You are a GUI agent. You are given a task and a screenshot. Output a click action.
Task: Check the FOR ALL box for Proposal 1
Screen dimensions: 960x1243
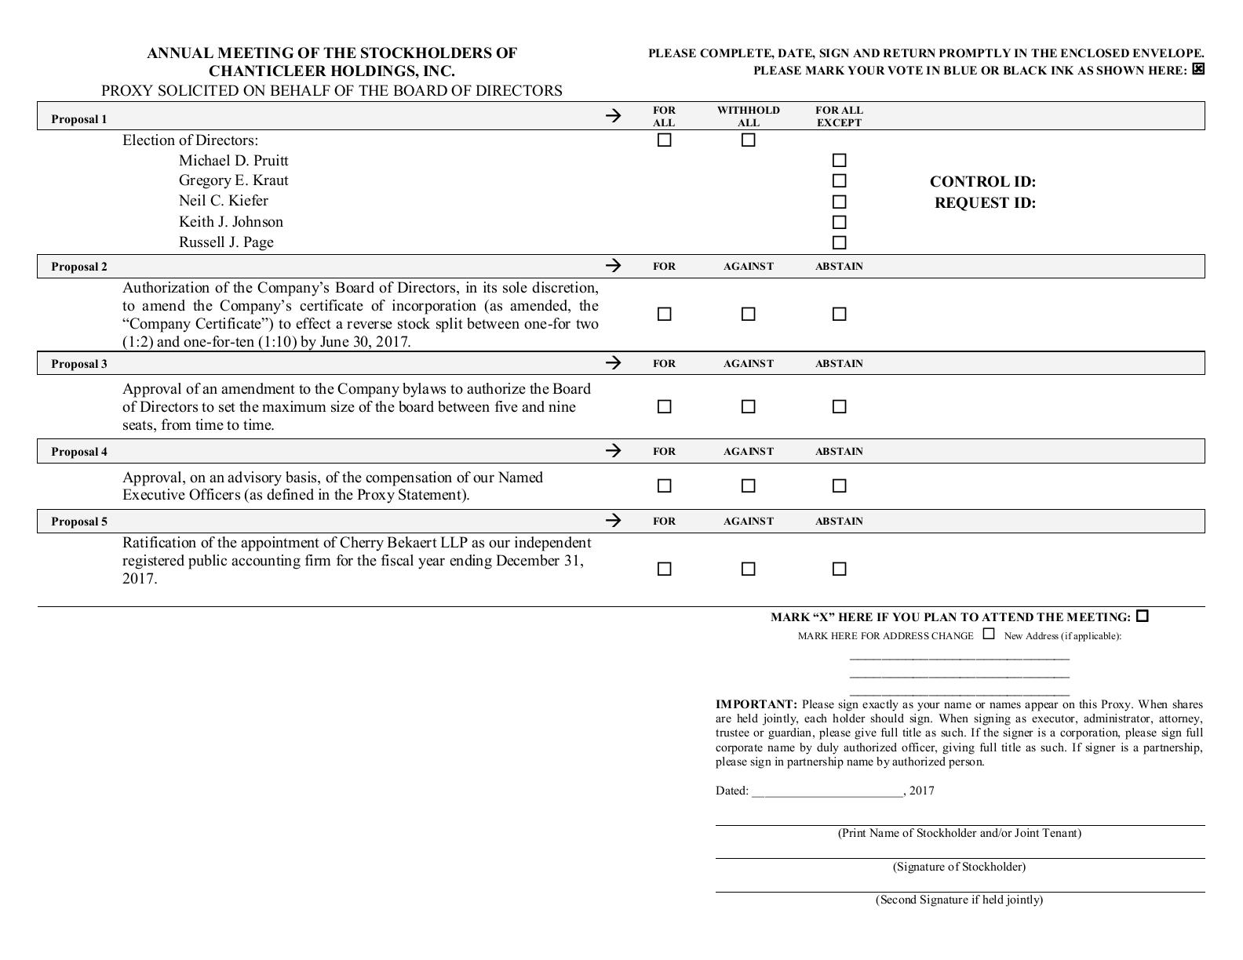pyautogui.click(x=664, y=140)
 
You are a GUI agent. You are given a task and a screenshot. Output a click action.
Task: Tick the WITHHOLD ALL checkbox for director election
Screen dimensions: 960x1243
pyautogui.click(x=748, y=140)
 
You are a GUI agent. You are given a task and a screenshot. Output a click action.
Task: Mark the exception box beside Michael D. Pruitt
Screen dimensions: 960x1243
pyautogui.click(x=839, y=161)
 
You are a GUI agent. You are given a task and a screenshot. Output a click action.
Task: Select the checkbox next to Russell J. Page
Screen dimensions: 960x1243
pyautogui.click(x=839, y=242)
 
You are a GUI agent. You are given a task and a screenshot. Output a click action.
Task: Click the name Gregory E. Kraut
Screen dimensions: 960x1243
pyautogui.click(x=233, y=180)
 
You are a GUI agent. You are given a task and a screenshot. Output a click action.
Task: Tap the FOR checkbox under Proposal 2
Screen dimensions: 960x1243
pyautogui.click(x=664, y=314)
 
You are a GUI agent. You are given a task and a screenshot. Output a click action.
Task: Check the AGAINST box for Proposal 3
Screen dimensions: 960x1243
pyautogui.click(x=748, y=406)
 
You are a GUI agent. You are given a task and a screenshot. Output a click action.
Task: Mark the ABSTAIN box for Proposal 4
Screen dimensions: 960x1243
pyautogui.click(x=839, y=485)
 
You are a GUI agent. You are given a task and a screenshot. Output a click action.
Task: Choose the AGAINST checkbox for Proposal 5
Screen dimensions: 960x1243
pyautogui.click(x=748, y=569)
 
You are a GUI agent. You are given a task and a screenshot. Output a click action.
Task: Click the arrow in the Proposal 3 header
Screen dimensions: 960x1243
pyautogui.click(x=614, y=362)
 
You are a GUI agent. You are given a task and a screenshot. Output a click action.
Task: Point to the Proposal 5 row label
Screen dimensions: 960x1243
pyautogui.click(x=79, y=522)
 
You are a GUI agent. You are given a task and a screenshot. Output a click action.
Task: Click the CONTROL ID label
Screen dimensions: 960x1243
pyautogui.click(x=982, y=182)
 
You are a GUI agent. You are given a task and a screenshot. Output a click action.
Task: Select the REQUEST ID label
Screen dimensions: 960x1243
pyautogui.click(x=985, y=203)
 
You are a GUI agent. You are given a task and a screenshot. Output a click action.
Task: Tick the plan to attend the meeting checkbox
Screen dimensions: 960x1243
pyautogui.click(x=1142, y=616)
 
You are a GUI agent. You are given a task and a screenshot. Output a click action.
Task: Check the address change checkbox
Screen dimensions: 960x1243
pyautogui.click(x=989, y=634)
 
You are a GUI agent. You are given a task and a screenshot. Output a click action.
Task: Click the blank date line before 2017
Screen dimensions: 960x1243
pyautogui.click(x=827, y=791)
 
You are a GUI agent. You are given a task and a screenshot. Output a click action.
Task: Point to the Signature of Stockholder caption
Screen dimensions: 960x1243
pyautogui.click(x=959, y=867)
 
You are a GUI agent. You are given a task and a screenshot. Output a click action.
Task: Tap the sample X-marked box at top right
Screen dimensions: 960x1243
pyautogui.click(x=1197, y=69)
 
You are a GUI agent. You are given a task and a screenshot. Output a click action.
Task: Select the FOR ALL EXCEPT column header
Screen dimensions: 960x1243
pyautogui.click(x=839, y=116)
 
